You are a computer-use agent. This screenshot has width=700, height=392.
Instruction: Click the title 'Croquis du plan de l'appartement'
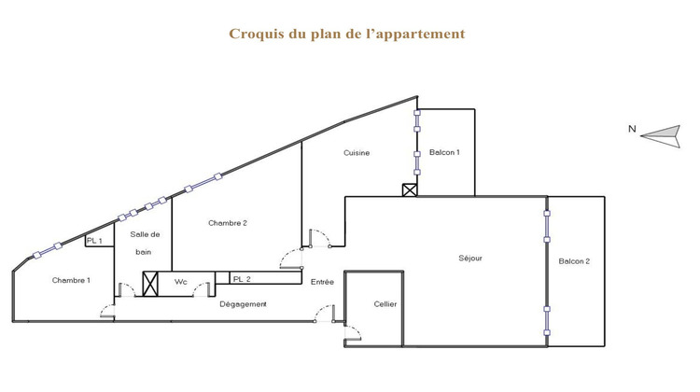pos(346,34)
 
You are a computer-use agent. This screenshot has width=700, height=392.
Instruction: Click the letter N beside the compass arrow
pos(632,130)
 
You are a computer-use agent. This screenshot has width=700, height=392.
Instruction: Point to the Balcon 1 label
pos(444,153)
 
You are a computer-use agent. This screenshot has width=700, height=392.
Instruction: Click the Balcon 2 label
pos(574,261)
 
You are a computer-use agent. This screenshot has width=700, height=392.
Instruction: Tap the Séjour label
pos(470,259)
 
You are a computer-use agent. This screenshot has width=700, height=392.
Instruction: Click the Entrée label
pos(322,280)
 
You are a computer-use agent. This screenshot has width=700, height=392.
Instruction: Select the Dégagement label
pos(243,304)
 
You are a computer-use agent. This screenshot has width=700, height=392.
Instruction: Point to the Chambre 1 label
pos(71,280)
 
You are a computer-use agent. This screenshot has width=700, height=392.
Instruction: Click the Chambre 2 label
pos(227,222)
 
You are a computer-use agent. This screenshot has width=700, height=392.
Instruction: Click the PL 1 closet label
pos(93,241)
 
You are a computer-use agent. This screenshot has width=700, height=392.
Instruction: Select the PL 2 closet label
pos(241,279)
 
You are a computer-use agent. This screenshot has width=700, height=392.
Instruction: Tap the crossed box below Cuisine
pos(409,189)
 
